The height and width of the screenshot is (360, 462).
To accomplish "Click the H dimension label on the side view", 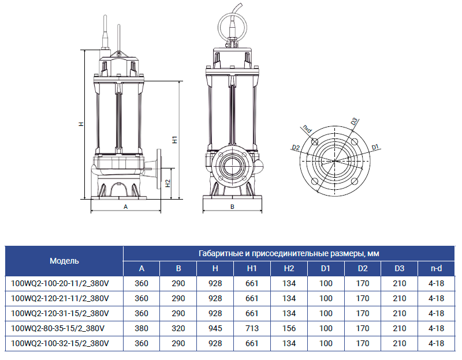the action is (81, 124).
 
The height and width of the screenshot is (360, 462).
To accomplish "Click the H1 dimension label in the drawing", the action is (175, 140).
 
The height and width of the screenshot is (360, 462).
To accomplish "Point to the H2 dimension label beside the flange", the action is (167, 183).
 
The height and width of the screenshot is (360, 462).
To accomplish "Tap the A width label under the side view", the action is (125, 207).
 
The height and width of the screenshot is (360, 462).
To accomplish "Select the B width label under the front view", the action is (232, 207).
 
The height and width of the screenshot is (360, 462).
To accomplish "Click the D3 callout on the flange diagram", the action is (354, 121).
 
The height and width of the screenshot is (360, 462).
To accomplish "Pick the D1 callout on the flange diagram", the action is (375, 147).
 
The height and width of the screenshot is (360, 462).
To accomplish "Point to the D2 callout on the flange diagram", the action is (296, 148).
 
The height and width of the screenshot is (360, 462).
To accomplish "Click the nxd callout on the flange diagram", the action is (307, 129).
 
